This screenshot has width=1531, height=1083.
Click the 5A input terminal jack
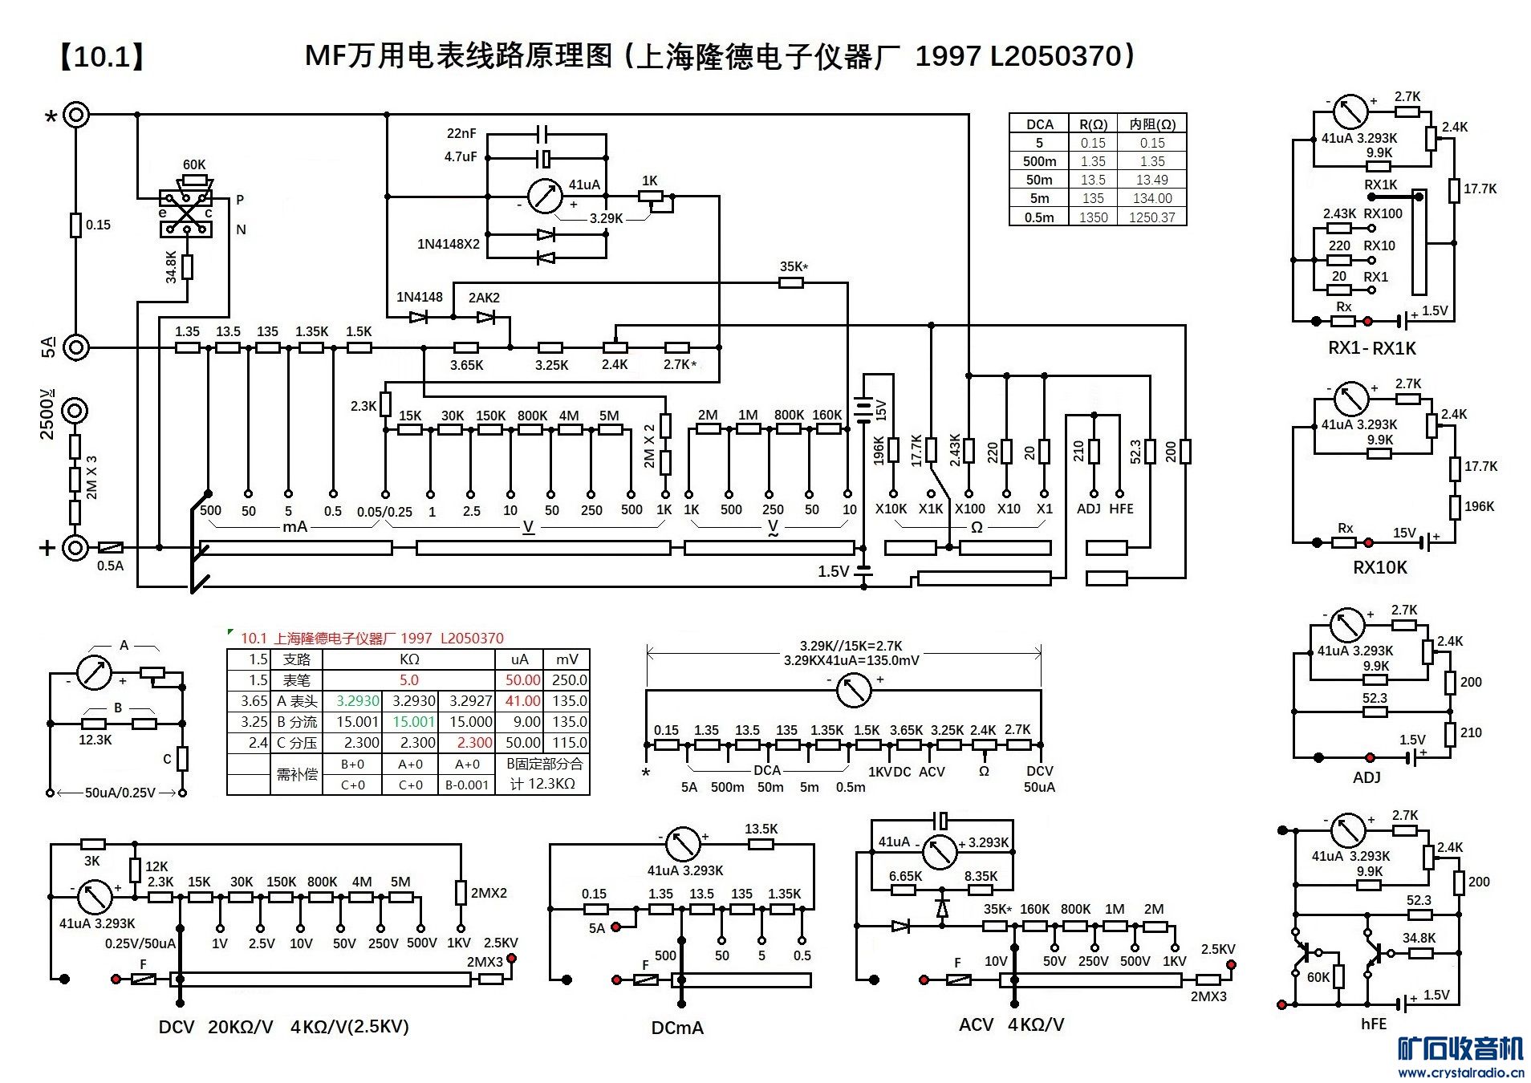(x=75, y=347)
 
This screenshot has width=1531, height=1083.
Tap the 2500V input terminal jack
(x=75, y=412)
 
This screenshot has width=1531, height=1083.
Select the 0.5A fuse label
(x=110, y=566)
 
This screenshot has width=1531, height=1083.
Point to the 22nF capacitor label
(x=461, y=133)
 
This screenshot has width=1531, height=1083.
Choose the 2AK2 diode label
(x=484, y=298)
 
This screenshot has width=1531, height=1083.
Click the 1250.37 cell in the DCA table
(x=1151, y=217)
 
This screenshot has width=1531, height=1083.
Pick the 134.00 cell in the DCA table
(x=1151, y=198)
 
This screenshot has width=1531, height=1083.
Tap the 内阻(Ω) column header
(x=1152, y=124)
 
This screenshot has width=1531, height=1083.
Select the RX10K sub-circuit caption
(x=1379, y=568)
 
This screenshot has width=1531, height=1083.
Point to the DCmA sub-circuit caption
(x=677, y=1028)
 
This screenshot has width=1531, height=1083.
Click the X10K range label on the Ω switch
(x=891, y=509)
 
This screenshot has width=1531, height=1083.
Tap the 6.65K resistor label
(x=905, y=876)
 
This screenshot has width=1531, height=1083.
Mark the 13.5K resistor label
(x=761, y=829)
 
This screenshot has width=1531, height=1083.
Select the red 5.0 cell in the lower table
(x=408, y=680)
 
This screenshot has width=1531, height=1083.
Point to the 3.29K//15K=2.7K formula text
(x=851, y=646)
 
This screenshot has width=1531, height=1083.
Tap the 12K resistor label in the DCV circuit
(x=156, y=866)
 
